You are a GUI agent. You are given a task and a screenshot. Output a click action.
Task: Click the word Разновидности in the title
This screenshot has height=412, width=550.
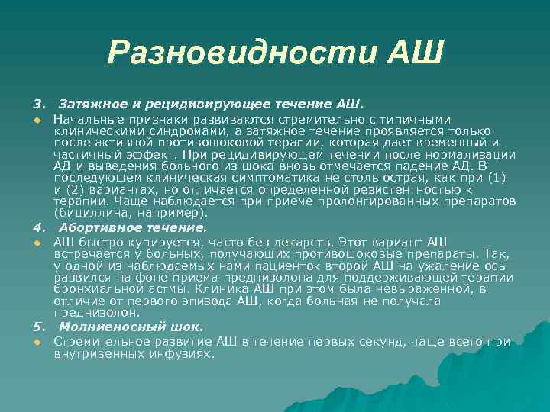238,53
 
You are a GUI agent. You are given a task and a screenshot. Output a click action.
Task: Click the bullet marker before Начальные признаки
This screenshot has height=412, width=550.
36,121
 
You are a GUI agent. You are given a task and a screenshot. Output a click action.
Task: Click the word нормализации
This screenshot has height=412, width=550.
474,154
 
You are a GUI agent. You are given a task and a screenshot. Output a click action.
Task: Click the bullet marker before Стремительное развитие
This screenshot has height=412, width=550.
36,342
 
